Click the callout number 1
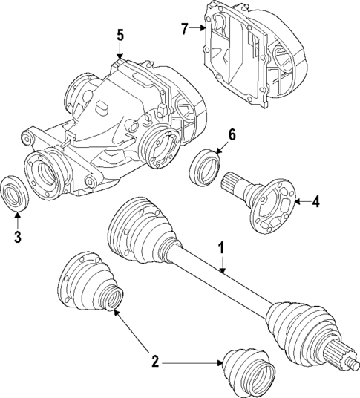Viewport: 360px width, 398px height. (x=220, y=247)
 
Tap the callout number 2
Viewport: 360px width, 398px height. (x=155, y=362)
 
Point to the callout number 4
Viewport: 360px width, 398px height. (x=315, y=200)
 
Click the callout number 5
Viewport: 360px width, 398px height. (x=120, y=34)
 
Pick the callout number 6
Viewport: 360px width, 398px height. (x=231, y=134)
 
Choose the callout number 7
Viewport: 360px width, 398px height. (x=185, y=29)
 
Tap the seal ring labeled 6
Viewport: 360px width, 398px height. (x=206, y=164)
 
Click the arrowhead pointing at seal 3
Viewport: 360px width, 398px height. (x=18, y=214)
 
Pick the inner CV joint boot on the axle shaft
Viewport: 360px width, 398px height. (x=140, y=232)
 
